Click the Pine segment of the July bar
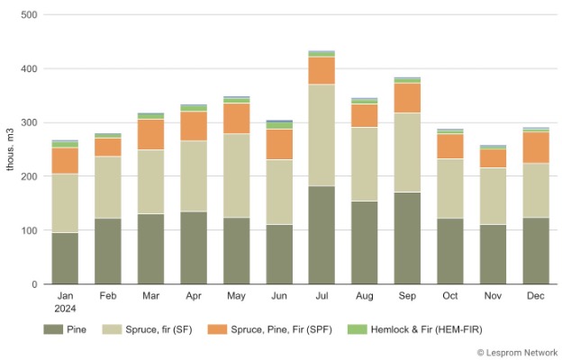click(x=321, y=235)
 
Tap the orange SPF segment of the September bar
click(x=407, y=97)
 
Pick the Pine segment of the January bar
click(x=65, y=258)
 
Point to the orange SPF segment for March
click(x=150, y=134)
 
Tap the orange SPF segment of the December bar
click(x=535, y=148)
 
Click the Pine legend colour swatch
click(x=54, y=329)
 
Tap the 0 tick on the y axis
click(x=33, y=284)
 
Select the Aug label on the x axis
click(x=364, y=296)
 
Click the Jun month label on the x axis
click(x=278, y=296)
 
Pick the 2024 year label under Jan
click(x=65, y=308)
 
